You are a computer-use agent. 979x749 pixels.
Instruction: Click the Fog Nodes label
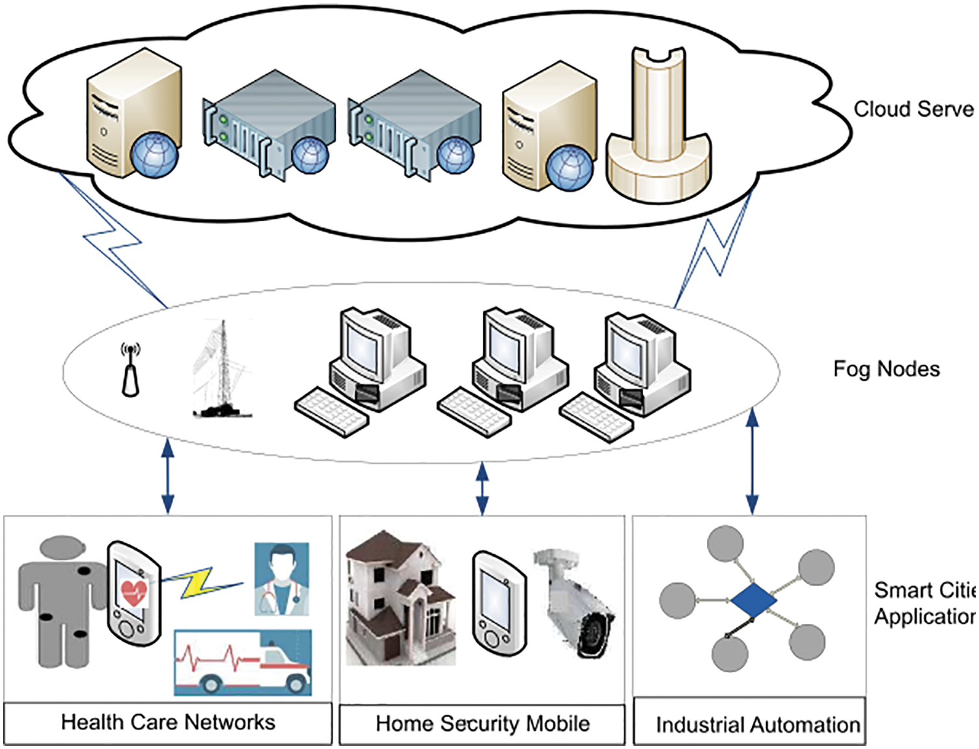click(x=886, y=369)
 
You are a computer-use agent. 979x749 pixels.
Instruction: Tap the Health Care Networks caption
click(x=168, y=722)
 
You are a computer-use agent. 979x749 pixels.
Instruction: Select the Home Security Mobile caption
click(x=482, y=724)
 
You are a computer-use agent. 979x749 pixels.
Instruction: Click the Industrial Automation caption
click(x=758, y=725)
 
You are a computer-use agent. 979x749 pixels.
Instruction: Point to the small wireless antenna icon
click(x=130, y=371)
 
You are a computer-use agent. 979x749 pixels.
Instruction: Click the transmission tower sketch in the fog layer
click(x=222, y=371)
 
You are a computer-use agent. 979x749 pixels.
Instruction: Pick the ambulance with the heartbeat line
click(x=243, y=662)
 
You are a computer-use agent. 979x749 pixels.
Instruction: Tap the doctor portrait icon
click(x=281, y=579)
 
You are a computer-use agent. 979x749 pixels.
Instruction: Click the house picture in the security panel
click(x=398, y=598)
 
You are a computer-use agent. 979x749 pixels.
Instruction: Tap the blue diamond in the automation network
click(x=753, y=600)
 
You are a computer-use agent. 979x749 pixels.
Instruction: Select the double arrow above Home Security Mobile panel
click(x=482, y=488)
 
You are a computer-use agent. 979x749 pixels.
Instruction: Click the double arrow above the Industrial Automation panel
click(x=752, y=460)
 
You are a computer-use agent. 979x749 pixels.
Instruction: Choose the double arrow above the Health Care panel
click(x=167, y=476)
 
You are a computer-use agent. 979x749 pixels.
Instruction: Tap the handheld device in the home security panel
click(x=499, y=603)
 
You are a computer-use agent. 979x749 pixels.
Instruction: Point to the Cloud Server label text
click(x=914, y=109)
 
